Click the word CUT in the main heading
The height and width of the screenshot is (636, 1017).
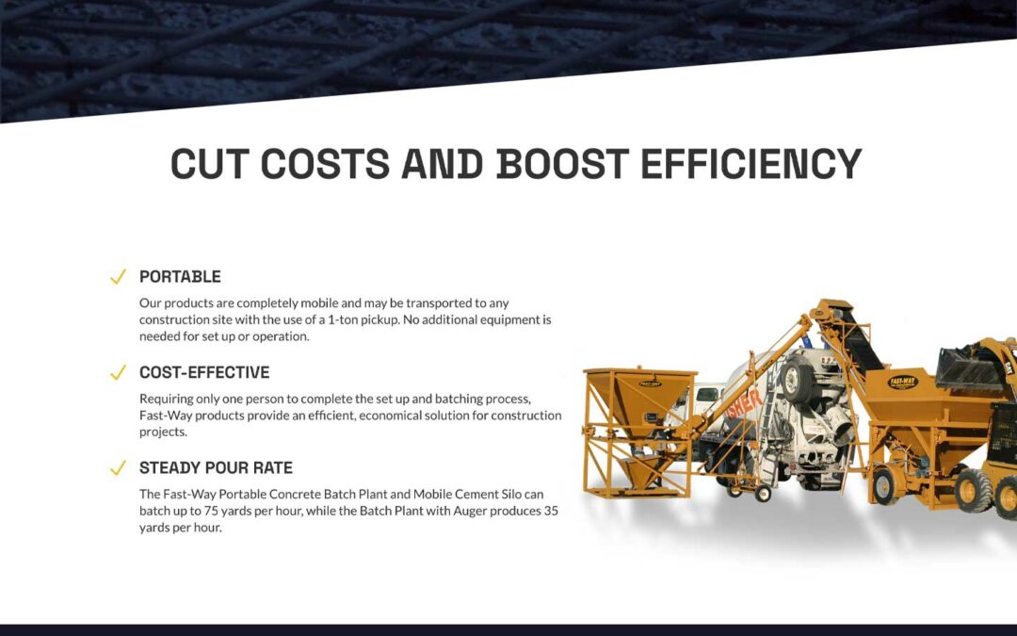tap(210, 163)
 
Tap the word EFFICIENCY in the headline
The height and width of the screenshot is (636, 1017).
tap(751, 163)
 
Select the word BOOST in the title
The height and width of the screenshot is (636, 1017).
tap(563, 163)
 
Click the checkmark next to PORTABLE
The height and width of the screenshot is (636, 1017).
tap(118, 277)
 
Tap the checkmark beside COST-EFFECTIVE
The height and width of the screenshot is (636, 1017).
tap(118, 372)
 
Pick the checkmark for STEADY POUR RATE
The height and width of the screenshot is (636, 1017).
tap(118, 468)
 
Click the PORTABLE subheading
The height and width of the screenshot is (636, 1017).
tap(180, 276)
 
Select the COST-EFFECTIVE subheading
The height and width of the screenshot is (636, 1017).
tap(204, 372)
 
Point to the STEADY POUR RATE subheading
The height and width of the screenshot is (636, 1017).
tap(216, 467)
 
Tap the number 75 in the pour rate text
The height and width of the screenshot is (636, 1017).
tap(211, 511)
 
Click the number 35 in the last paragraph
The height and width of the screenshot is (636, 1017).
tap(551, 511)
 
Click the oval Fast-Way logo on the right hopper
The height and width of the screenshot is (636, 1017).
tap(902, 383)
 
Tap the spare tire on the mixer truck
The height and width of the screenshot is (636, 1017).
tap(797, 380)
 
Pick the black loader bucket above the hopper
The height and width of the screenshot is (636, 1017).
tap(968, 368)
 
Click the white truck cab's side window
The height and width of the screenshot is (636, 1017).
tap(708, 394)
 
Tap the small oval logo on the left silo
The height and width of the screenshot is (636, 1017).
tap(650, 383)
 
